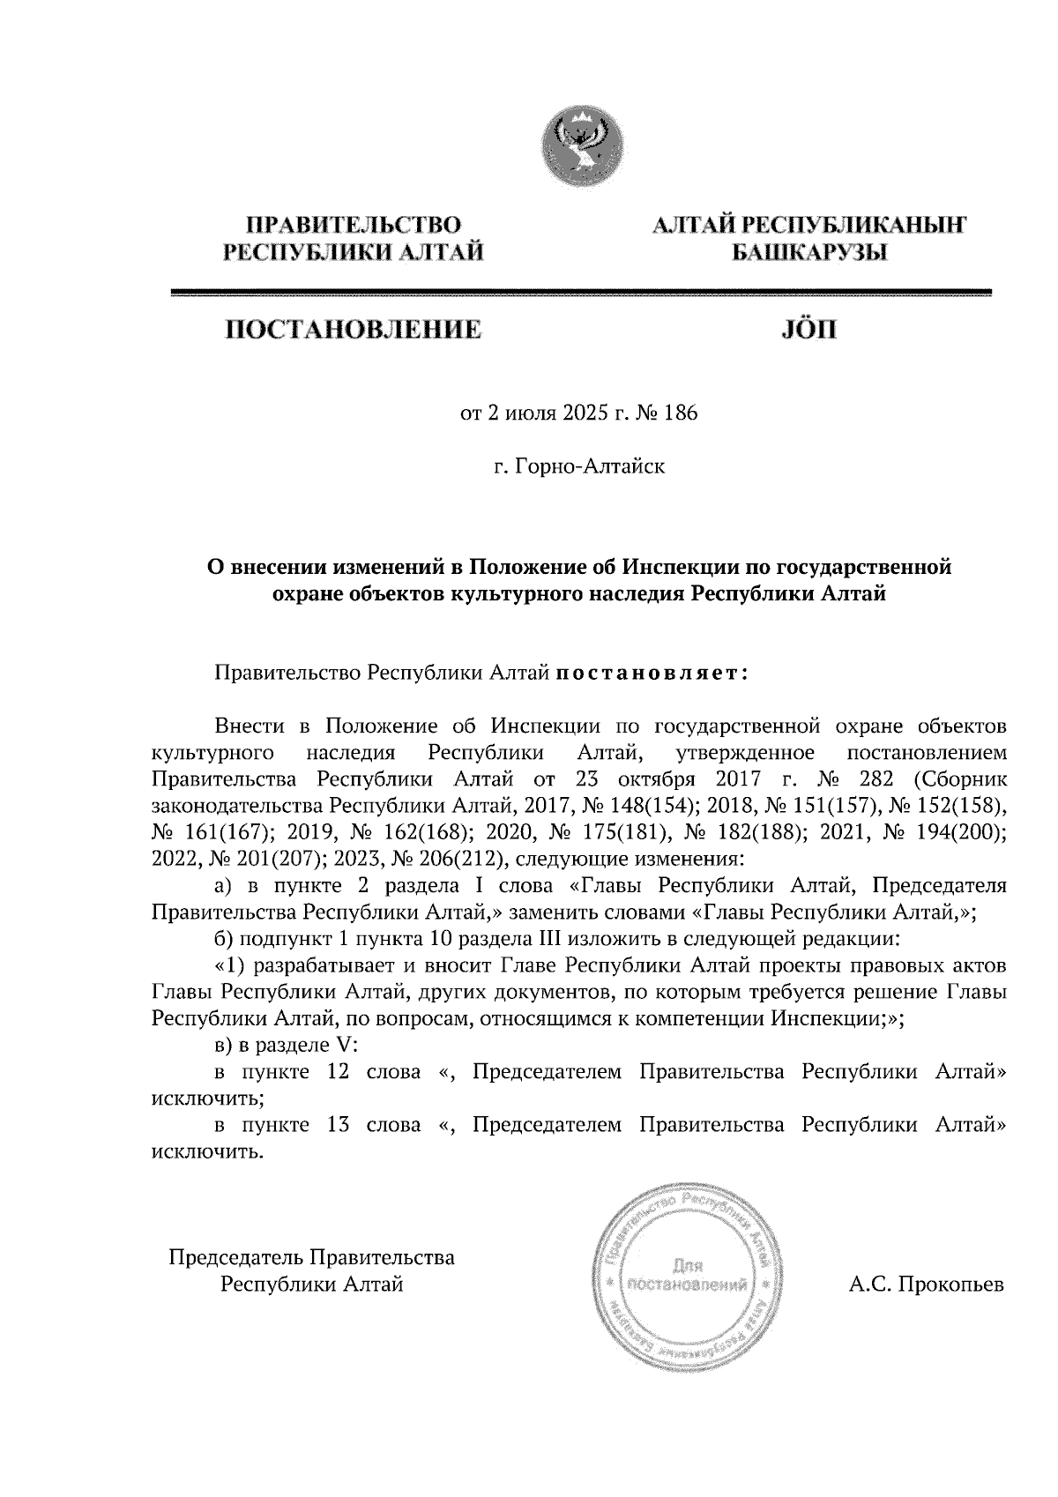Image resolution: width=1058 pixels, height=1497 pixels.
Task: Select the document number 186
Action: [x=681, y=413]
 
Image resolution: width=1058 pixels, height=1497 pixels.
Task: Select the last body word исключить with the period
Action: [x=208, y=1151]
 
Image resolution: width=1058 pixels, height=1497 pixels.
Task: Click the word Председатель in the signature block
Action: [x=237, y=1256]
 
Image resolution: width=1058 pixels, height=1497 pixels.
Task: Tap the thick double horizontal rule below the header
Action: [x=581, y=292]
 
